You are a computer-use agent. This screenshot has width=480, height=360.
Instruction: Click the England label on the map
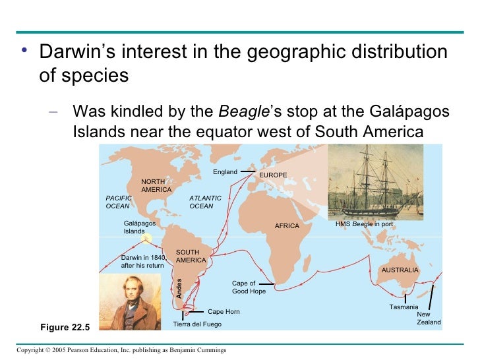coord(225,172)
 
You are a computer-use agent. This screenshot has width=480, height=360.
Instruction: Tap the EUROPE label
coord(273,175)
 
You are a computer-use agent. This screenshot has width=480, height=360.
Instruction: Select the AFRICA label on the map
coord(287,226)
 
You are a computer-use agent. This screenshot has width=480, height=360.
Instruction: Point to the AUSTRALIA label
coord(400,270)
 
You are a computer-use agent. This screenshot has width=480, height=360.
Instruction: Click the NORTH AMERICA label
coord(156,185)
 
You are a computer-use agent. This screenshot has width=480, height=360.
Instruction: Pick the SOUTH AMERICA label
coord(191,256)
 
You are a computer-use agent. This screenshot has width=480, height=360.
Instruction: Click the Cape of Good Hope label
coord(249,287)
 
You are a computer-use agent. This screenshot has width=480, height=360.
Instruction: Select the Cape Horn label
coord(224,312)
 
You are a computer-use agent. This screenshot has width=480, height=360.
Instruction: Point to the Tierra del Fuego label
coord(197,324)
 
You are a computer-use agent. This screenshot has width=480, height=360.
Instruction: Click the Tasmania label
coord(404,308)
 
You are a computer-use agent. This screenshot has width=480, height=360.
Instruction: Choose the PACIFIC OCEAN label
coord(119,202)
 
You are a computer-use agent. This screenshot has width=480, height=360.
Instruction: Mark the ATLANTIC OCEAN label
coord(205,202)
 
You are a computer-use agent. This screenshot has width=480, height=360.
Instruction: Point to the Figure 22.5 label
coord(65,326)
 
